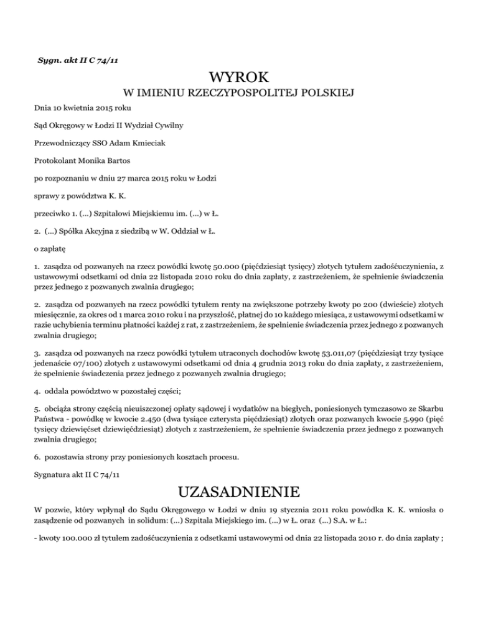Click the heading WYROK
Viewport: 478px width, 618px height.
click(x=240, y=78)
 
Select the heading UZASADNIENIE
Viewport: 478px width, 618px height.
click(x=239, y=495)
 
